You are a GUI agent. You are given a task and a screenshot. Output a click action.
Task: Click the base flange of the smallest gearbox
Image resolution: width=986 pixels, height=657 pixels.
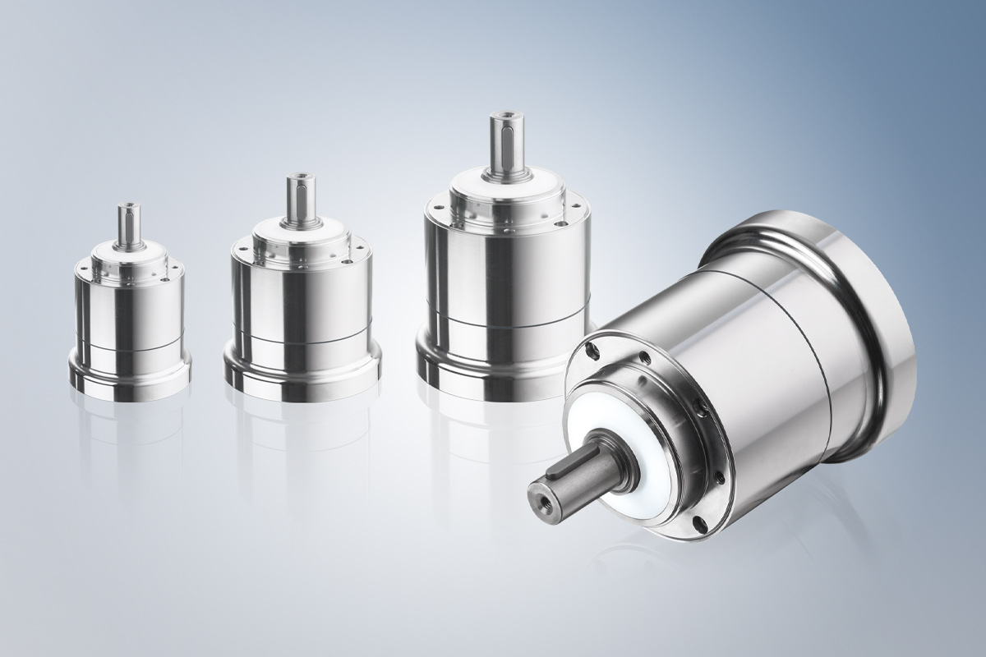(129, 378)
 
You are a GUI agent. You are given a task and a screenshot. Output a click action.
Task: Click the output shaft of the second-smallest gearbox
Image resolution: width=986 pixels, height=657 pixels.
(296, 197)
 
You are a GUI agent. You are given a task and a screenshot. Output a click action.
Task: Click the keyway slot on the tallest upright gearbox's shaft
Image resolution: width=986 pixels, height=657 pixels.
(503, 140)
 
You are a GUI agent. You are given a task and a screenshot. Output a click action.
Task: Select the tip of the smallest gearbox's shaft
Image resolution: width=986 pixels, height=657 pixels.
(129, 206)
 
